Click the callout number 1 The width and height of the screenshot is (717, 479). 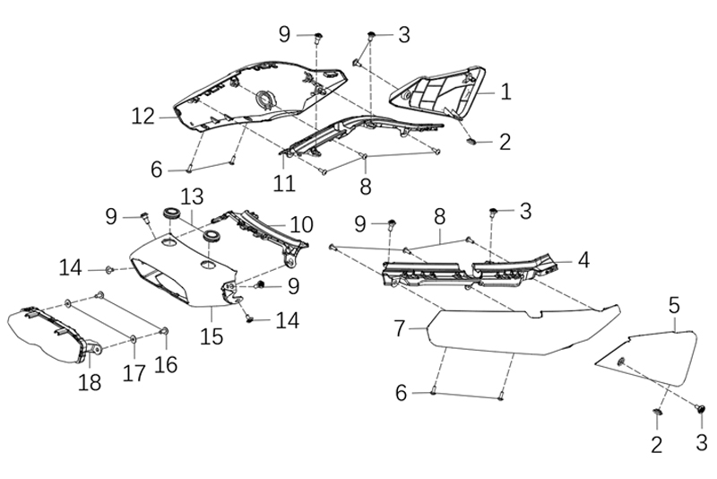point(505,91)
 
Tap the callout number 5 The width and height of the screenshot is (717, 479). point(674,306)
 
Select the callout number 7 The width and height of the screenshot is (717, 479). point(401,328)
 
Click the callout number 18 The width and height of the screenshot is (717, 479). point(90,381)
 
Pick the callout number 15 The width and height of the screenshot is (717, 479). point(212,336)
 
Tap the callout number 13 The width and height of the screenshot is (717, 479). point(192,196)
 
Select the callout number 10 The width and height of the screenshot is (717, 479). point(302,223)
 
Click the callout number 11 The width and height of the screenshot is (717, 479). point(285,184)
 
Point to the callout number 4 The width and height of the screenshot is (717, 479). point(583,260)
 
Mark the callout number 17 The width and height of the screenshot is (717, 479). point(134,372)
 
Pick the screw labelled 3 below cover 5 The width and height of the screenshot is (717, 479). point(700,408)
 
